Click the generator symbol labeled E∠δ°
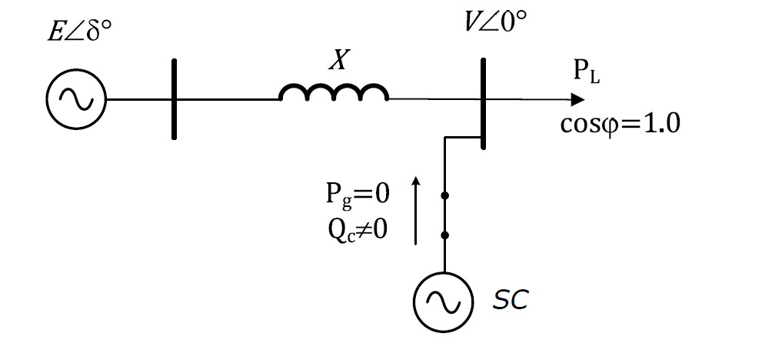click(x=76, y=99)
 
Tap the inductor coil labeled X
click(x=334, y=93)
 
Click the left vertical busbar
click(x=173, y=100)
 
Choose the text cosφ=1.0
click(x=619, y=124)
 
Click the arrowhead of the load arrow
click(x=577, y=100)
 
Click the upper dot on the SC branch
click(x=444, y=197)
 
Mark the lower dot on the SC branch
click(x=444, y=235)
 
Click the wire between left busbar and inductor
click(x=227, y=100)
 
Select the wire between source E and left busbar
click(x=138, y=100)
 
